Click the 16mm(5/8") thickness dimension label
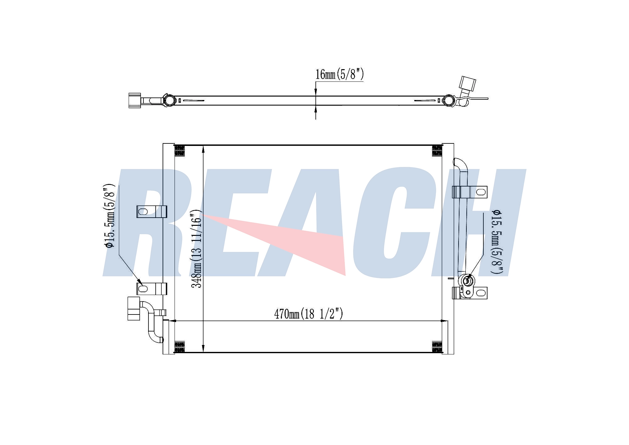click(x=340, y=75)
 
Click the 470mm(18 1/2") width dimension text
click(x=309, y=314)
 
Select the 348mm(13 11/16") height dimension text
click(x=197, y=248)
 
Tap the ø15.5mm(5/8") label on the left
click(x=110, y=216)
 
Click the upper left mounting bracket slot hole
click(x=143, y=211)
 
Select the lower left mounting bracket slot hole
click(x=143, y=289)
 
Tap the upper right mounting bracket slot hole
click(x=481, y=192)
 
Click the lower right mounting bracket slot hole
click(x=481, y=293)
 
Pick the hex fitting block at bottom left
click(x=134, y=308)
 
